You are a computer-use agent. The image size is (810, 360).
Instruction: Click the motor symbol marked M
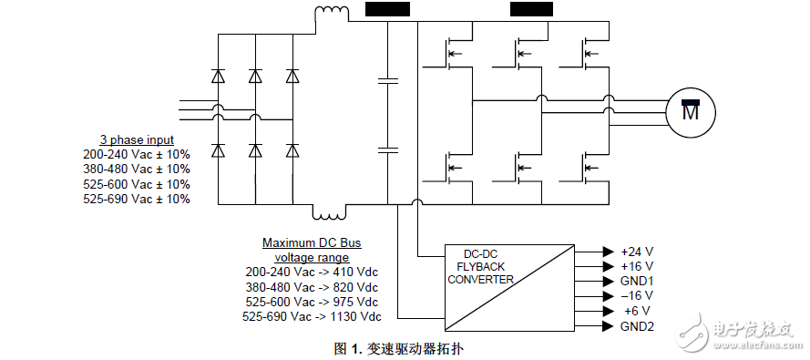tap(692, 111)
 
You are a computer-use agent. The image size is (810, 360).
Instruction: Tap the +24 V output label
tap(636, 251)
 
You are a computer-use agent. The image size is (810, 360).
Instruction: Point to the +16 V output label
tap(636, 266)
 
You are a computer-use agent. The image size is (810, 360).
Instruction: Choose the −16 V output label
tap(636, 296)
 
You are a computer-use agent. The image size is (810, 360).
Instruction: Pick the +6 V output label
tap(633, 311)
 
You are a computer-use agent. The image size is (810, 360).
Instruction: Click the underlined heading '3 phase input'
tap(137, 139)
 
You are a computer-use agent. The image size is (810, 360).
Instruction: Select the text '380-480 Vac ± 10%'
tap(137, 169)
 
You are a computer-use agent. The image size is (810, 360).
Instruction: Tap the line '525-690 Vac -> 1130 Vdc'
tap(311, 316)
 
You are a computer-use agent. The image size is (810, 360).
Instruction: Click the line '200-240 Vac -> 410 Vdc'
tap(311, 272)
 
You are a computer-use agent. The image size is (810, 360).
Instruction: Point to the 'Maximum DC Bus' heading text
tap(312, 242)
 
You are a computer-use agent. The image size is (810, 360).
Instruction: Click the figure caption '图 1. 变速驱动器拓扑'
tap(405, 348)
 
